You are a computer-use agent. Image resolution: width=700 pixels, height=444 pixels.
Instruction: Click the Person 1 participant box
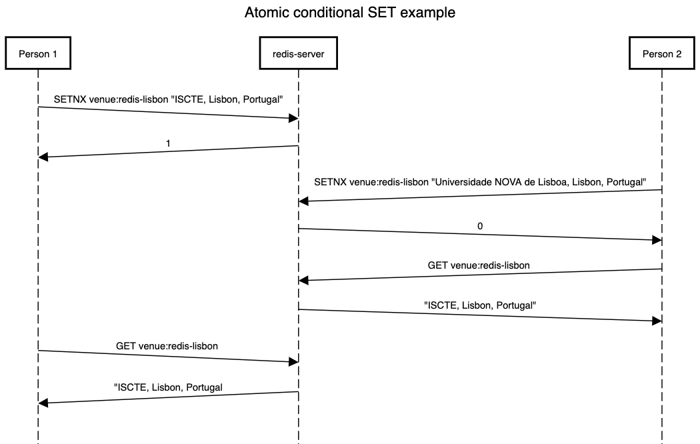(x=38, y=54)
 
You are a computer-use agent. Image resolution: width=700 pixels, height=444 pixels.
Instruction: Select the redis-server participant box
(x=298, y=54)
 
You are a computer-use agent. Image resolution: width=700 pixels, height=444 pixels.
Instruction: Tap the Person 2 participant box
(x=661, y=54)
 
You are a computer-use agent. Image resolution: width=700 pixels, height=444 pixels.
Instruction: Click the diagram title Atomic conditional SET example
(x=350, y=13)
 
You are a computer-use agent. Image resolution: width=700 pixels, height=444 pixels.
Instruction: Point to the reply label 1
(x=168, y=143)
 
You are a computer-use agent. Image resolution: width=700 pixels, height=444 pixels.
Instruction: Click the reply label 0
(x=480, y=226)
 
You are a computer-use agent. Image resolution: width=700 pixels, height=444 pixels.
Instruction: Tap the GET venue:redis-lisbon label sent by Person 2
(x=479, y=265)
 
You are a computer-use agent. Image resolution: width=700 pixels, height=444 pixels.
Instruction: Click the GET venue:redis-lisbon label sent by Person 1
(x=167, y=346)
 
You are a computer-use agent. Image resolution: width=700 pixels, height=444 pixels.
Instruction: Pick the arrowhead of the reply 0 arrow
(x=657, y=239)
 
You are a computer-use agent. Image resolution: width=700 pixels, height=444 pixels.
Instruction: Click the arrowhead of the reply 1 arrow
(x=43, y=157)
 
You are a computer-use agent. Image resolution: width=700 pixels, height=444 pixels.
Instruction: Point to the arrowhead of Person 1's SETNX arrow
(x=293, y=118)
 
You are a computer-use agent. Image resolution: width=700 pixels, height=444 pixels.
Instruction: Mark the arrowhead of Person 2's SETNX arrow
(x=304, y=200)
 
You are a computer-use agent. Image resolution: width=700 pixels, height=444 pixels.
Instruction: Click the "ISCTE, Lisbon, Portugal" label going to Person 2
(x=480, y=305)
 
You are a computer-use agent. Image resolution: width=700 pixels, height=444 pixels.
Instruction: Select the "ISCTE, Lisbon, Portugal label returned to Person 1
(x=168, y=387)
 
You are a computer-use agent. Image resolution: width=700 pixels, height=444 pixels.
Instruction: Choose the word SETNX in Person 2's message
(x=330, y=182)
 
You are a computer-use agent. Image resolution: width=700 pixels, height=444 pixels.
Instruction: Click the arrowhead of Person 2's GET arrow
(x=304, y=280)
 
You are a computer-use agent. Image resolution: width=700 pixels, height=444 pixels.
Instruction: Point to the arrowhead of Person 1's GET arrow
(x=293, y=361)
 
